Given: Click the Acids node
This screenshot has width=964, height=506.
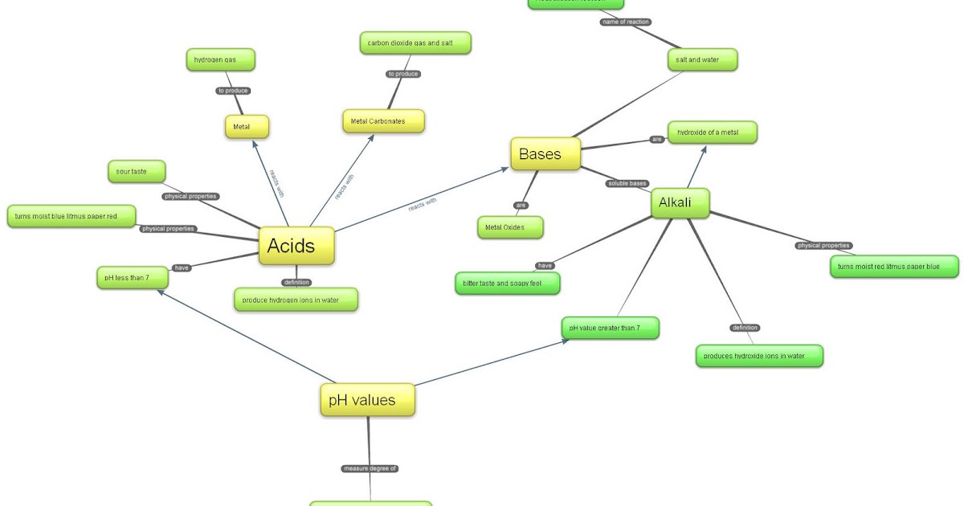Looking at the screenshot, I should click(x=296, y=245).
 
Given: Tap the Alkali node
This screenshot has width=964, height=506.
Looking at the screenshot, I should click(x=680, y=203).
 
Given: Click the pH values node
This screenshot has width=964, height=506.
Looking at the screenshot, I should click(x=368, y=399).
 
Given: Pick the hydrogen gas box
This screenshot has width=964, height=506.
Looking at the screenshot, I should click(x=220, y=59).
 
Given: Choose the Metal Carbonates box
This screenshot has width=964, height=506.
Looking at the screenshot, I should click(x=383, y=121).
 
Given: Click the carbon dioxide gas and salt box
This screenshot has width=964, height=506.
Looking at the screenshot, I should click(x=415, y=43).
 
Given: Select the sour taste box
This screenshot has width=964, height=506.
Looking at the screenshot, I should click(x=137, y=171).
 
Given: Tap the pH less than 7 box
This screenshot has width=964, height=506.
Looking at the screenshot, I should click(x=132, y=278).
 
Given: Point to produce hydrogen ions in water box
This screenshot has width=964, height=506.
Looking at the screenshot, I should click(x=296, y=300).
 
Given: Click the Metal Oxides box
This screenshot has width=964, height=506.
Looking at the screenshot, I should click(x=510, y=227).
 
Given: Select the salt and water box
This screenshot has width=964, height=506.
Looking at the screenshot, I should click(x=702, y=59).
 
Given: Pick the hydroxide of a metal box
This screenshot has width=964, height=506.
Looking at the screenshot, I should click(x=713, y=132).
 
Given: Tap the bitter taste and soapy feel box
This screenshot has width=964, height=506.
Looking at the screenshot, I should click(x=507, y=284).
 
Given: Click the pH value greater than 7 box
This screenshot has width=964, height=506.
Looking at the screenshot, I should click(x=611, y=328).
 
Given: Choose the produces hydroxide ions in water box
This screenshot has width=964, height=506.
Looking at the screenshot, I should click(x=759, y=356).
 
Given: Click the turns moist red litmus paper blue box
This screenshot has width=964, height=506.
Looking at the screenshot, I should click(x=894, y=267).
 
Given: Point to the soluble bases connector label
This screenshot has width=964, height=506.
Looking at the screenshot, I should click(x=627, y=184).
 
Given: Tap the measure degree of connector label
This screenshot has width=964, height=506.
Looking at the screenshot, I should click(x=370, y=468).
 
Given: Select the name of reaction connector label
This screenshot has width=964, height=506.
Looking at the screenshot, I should click(x=626, y=22).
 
